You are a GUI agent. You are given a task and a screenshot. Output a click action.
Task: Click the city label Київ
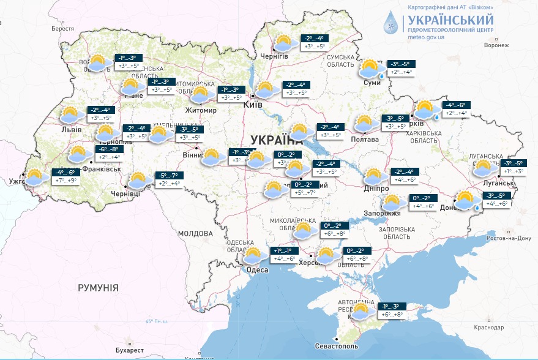[253, 105]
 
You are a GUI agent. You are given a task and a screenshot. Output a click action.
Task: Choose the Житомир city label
[201, 110]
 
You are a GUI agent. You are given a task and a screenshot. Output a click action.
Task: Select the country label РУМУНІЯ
[98, 287]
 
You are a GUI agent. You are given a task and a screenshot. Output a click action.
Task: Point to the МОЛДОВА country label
[195, 233]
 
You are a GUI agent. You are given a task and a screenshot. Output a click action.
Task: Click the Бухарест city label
[131, 350]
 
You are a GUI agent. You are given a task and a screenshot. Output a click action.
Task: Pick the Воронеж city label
[496, 45]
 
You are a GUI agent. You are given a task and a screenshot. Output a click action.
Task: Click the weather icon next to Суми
[370, 68]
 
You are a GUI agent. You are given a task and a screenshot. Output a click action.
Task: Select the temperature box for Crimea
[390, 310]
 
